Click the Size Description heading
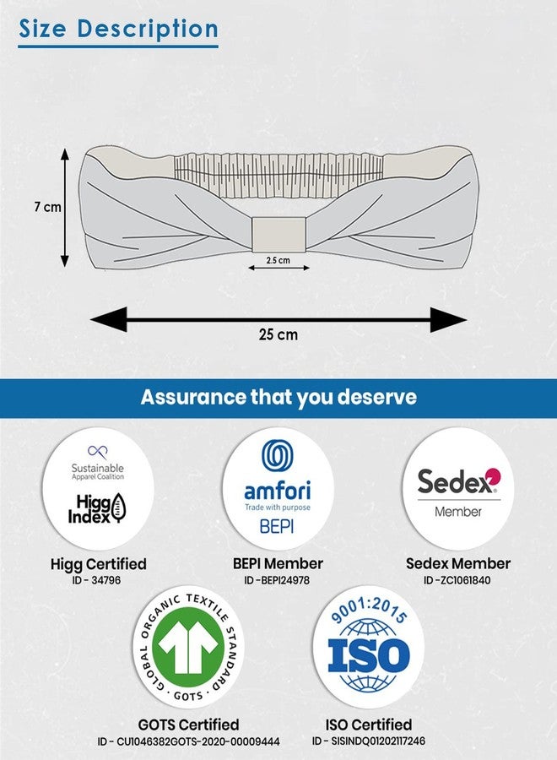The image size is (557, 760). pyautogui.click(x=119, y=29)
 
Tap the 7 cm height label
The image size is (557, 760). pyautogui.click(x=47, y=207)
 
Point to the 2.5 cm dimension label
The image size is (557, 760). pyautogui.click(x=278, y=260)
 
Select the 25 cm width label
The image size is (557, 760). pyautogui.click(x=278, y=334)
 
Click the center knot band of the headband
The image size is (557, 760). pyautogui.click(x=278, y=235)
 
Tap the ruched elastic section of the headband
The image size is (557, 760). pyautogui.click(x=278, y=175)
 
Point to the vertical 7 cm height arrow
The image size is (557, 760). pyautogui.click(x=65, y=208)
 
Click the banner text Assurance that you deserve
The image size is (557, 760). pyautogui.click(x=278, y=397)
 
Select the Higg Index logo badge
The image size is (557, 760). pyautogui.click(x=98, y=488)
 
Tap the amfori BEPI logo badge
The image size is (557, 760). pyautogui.click(x=278, y=488)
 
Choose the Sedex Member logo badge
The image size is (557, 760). pyautogui.click(x=458, y=488)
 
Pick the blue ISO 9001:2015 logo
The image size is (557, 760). pyautogui.click(x=368, y=647)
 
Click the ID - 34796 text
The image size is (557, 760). pyautogui.click(x=96, y=580)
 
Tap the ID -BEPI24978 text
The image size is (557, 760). pyautogui.click(x=277, y=580)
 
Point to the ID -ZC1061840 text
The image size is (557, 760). pyautogui.click(x=457, y=580)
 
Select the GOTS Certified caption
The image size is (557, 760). pyautogui.click(x=188, y=725)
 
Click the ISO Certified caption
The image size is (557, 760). pyautogui.click(x=369, y=725)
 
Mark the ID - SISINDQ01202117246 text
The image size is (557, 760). pyautogui.click(x=369, y=741)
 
